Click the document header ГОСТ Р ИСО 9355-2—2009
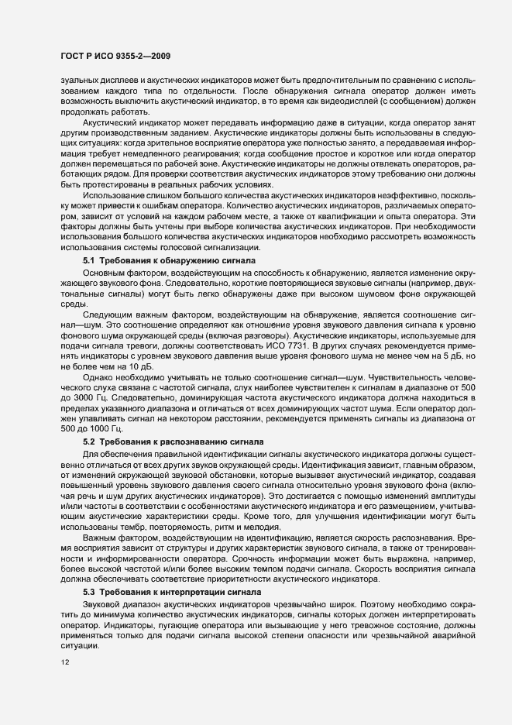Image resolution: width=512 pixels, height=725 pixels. coord(115,56)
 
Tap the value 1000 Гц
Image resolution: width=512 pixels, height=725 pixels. coord(100,429)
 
